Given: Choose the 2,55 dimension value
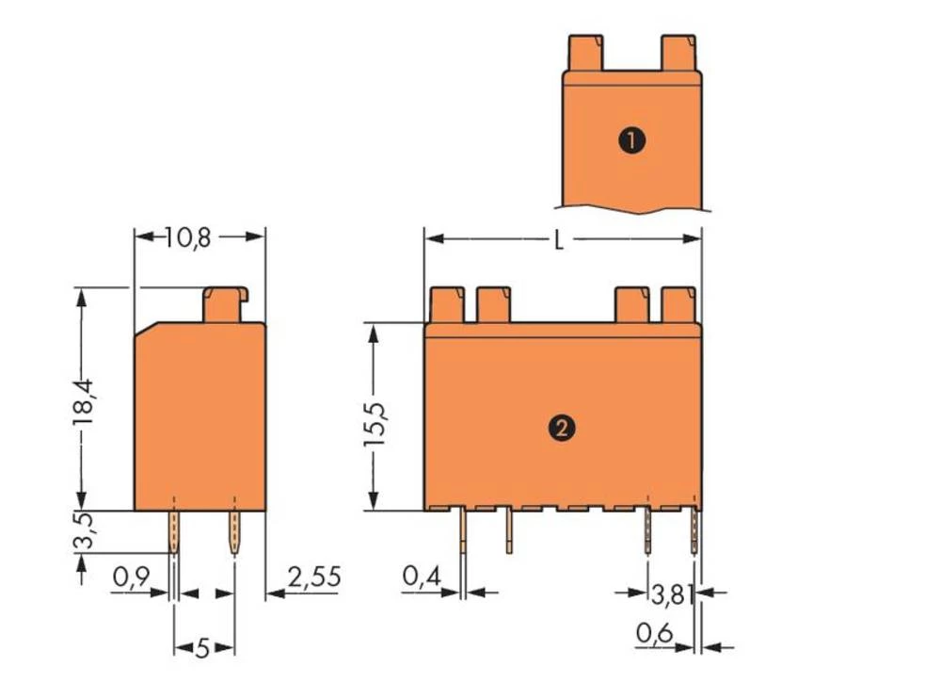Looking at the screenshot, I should pos(313,577).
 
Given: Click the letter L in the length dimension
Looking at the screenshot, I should pos(559,241).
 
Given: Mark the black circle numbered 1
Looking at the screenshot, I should pos(631,141).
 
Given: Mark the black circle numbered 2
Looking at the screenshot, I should pos(562,428).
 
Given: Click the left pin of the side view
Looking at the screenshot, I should pos(174,532).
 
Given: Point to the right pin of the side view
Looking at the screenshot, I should pos(233,532).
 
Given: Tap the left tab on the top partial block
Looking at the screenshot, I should pos(584,53).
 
